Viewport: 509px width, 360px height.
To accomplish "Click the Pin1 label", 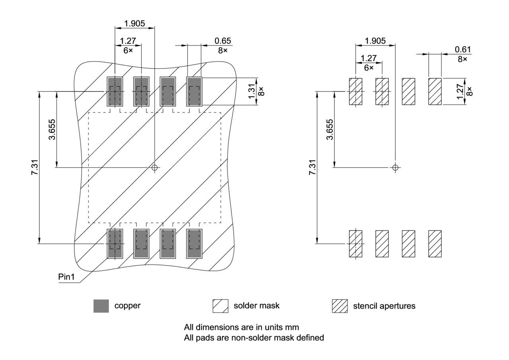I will point(66,277).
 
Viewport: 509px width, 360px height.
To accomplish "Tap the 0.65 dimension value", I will point(222,41).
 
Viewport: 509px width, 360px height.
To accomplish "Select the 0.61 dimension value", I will point(462,50).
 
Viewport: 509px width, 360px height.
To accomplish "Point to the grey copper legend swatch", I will point(101,306).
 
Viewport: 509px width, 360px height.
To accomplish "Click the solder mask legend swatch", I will point(220,306).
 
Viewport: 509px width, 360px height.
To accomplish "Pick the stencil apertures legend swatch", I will point(340,306).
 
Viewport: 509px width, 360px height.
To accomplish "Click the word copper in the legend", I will point(127,306).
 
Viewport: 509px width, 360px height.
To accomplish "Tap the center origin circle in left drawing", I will point(155,167).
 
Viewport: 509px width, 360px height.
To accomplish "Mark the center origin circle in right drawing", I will point(395,167).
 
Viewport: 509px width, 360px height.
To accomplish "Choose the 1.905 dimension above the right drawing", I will point(375,41).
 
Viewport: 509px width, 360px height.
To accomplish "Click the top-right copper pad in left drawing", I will point(194,91).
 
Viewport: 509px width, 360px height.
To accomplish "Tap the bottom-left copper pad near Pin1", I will point(115,243).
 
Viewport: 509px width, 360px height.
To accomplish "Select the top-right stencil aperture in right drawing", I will point(435,91).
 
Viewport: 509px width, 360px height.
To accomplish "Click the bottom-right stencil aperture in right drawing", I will point(435,243).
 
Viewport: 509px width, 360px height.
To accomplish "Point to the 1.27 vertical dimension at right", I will point(460,91).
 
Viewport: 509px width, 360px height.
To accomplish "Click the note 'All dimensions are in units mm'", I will point(241,327).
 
